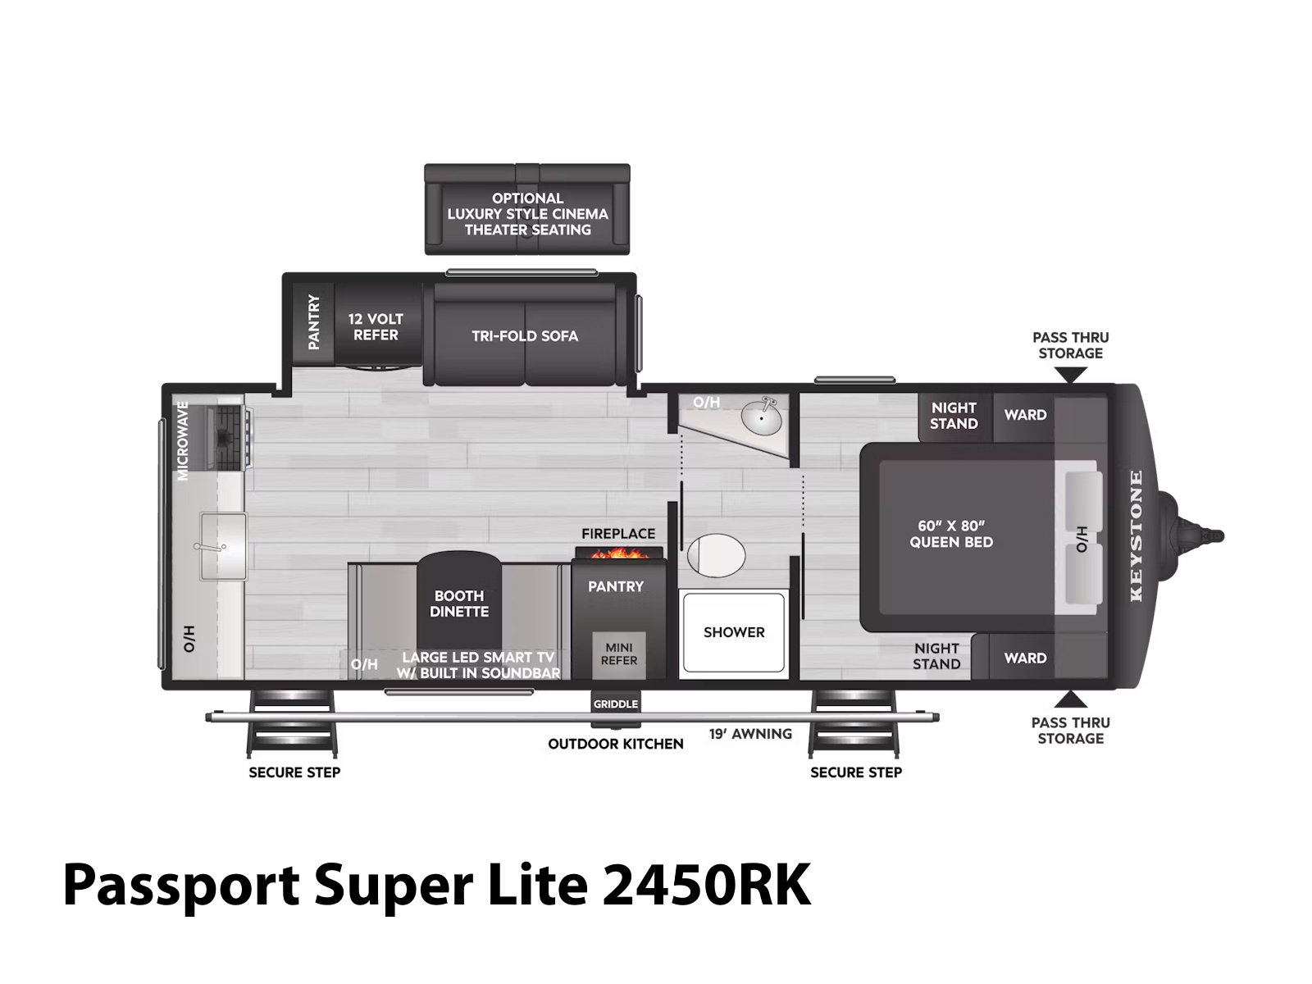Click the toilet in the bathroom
coord(716,555)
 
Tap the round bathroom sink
coord(761,417)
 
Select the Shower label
coord(733,632)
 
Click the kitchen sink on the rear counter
coord(223,546)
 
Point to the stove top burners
coord(228,437)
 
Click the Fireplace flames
coord(618,553)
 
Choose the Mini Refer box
coord(618,655)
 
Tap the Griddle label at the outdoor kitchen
coord(615,704)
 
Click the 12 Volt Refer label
coord(376,327)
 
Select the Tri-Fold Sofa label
coord(524,335)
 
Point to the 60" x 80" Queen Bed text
coord(951,534)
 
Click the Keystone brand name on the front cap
coord(1136,536)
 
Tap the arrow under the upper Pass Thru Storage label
coord(1071,375)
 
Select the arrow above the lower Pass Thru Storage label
coord(1071,699)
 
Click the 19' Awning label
coord(750,734)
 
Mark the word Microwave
coord(183,440)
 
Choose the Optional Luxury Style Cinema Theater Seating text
coord(527,214)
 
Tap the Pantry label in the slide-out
coord(313,321)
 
